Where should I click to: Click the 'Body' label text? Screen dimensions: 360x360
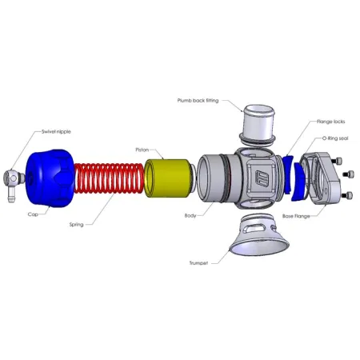tap(191, 215)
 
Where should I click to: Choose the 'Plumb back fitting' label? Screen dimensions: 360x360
tap(196, 101)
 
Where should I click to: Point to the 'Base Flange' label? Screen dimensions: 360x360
tap(297, 215)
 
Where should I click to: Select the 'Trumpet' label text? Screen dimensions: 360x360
tap(200, 262)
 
